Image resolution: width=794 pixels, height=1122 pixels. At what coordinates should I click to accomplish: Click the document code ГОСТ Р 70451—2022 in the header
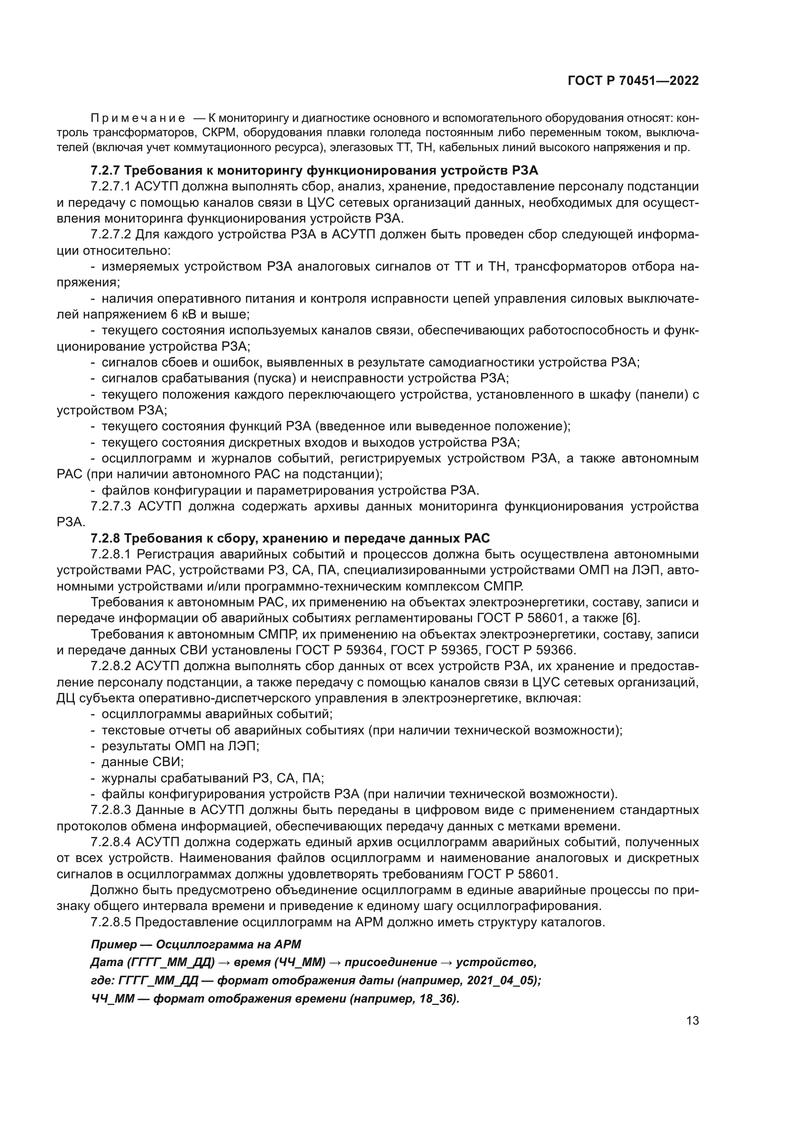[x=633, y=81]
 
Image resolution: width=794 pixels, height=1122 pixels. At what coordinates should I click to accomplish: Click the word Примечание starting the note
[x=138, y=118]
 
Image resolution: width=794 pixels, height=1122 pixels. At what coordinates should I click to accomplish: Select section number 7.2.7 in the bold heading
[x=105, y=171]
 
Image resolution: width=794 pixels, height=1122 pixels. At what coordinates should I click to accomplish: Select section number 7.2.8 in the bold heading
[x=105, y=539]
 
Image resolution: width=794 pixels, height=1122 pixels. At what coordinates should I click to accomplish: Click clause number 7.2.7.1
[x=111, y=187]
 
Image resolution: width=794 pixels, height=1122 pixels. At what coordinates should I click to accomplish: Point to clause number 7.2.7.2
[x=111, y=235]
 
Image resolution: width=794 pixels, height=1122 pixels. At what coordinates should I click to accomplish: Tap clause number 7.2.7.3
[x=111, y=506]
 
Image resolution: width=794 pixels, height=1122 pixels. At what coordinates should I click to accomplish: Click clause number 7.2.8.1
[x=111, y=554]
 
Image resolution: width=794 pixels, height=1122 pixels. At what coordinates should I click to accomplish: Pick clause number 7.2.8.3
[x=111, y=811]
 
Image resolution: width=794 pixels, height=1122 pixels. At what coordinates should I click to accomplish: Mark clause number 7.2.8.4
[x=111, y=842]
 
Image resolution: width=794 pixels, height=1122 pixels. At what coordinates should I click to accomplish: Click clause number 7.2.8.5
[x=111, y=922]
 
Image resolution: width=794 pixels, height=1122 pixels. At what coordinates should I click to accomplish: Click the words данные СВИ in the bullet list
[x=142, y=762]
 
